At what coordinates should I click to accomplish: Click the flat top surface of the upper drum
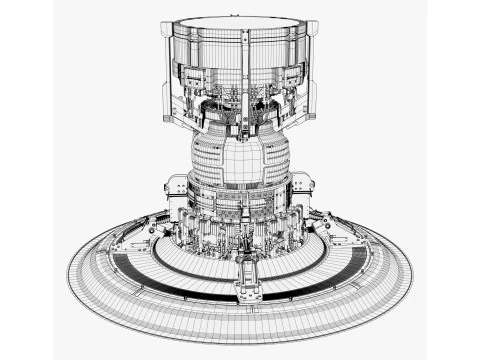[x=240, y=21]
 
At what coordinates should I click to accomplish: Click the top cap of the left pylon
[x=168, y=26]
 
